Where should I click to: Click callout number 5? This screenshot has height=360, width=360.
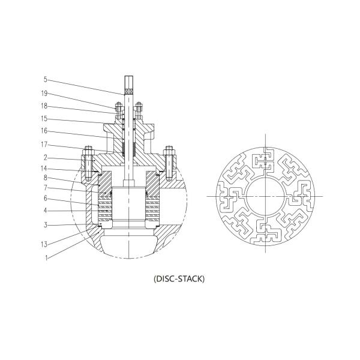click(x=45, y=79)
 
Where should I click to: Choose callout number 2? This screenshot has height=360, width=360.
click(x=45, y=158)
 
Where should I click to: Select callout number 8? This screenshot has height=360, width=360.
click(x=45, y=178)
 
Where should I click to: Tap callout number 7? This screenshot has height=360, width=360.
click(x=45, y=188)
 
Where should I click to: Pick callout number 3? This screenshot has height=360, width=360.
click(x=45, y=225)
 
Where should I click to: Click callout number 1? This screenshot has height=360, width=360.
click(x=45, y=258)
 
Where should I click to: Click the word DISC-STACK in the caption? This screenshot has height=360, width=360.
click(x=179, y=278)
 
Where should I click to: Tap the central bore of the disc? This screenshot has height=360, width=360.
click(x=265, y=196)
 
